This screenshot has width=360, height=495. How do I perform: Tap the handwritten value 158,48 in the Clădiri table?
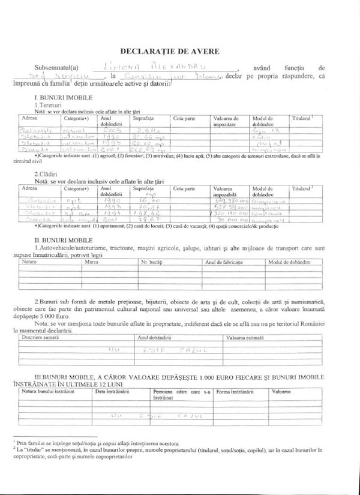pyautogui.click(x=145, y=213)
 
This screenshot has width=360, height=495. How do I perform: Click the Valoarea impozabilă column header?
pyautogui.click(x=226, y=191)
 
